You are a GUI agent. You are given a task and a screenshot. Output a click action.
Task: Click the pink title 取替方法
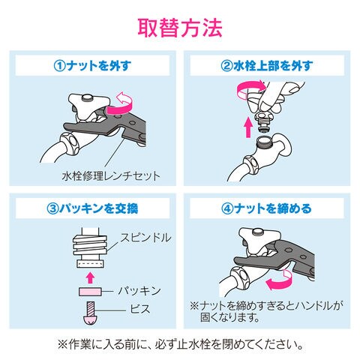pyautogui.click(x=180, y=28)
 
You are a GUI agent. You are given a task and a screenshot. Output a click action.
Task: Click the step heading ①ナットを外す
pyautogui.click(x=92, y=66)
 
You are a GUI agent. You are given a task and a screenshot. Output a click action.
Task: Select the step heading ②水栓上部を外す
pyautogui.click(x=267, y=66)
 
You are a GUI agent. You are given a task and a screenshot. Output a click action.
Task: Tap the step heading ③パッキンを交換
pyautogui.click(x=92, y=208)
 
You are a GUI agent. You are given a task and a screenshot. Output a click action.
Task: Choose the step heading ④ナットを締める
pyautogui.click(x=267, y=208)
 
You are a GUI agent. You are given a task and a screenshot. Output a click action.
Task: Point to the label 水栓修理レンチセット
pyautogui.click(x=111, y=176)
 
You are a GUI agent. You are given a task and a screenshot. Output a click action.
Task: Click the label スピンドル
pyautogui.click(x=145, y=237)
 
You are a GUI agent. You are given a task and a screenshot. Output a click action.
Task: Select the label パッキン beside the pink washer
pyautogui.click(x=139, y=291)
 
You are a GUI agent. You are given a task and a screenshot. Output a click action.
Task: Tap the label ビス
pyautogui.click(x=140, y=309)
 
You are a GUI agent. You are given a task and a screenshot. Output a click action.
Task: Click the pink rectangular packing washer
pyautogui.click(x=90, y=292)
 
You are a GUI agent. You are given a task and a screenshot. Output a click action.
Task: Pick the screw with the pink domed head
pyautogui.click(x=90, y=313)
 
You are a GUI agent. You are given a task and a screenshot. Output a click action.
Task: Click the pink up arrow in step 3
pyautogui.click(x=90, y=277)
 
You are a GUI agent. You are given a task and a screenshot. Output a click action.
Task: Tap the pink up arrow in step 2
pyautogui.click(x=248, y=127)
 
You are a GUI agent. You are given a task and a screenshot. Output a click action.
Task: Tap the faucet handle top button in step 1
pyautogui.click(x=88, y=97)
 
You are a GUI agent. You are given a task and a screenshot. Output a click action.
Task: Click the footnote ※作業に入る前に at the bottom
pyautogui.click(x=179, y=345)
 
